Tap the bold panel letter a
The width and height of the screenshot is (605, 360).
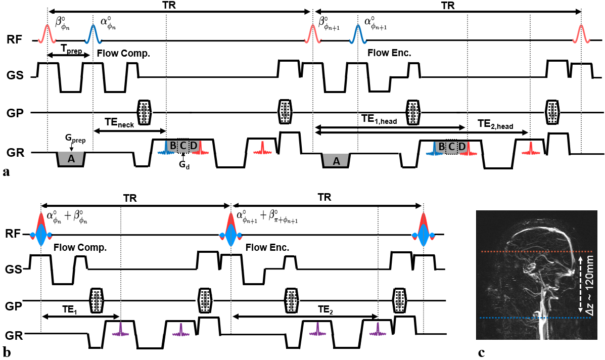pos(6,173)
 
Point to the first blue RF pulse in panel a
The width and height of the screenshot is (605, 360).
pos(94,33)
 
